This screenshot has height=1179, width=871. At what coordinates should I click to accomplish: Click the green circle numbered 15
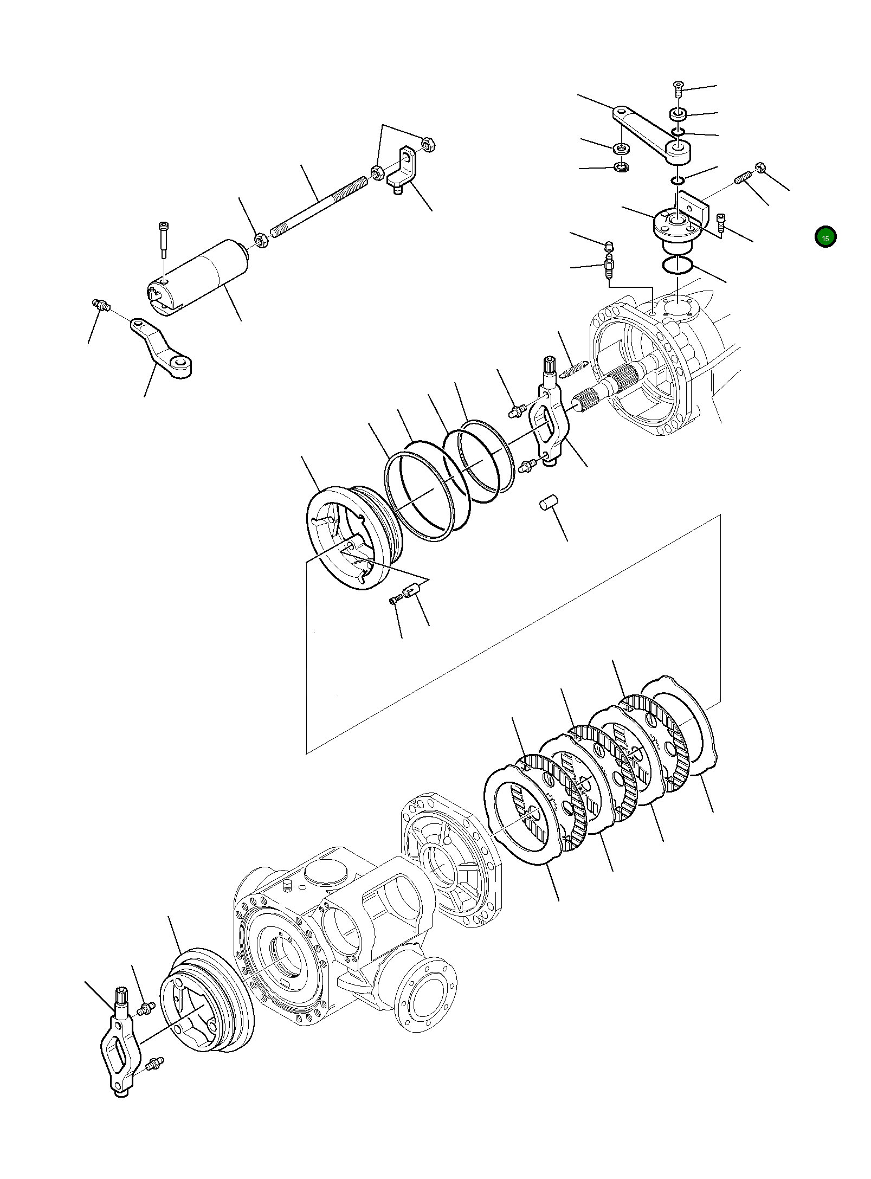click(825, 237)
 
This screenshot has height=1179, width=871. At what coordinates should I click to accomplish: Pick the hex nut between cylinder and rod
click(261, 240)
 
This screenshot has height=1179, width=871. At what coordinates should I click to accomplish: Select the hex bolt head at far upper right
click(760, 168)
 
